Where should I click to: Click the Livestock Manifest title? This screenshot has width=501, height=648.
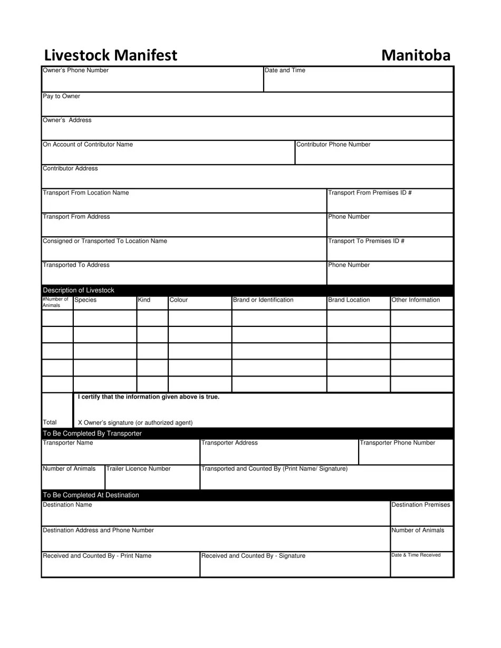110,55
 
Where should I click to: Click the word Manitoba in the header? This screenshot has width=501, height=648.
416,55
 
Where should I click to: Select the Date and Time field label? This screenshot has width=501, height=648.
285,71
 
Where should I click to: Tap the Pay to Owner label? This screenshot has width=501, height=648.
61,96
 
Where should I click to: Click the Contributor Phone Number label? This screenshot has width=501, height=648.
333,144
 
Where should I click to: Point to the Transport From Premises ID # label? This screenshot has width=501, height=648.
370,193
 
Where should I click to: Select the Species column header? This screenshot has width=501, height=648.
85,300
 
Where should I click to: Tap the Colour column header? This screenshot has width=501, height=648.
179,300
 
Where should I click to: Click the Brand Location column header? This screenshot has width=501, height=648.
349,300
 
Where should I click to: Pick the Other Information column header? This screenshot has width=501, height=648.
416,300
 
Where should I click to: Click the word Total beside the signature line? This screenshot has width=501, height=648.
50,422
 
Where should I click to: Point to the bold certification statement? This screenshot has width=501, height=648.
148,397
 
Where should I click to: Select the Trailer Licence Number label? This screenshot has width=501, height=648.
138,469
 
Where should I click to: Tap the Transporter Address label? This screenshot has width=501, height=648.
229,443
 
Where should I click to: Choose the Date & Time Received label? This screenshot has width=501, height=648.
416,555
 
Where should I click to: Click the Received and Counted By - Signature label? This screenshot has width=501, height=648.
253,556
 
